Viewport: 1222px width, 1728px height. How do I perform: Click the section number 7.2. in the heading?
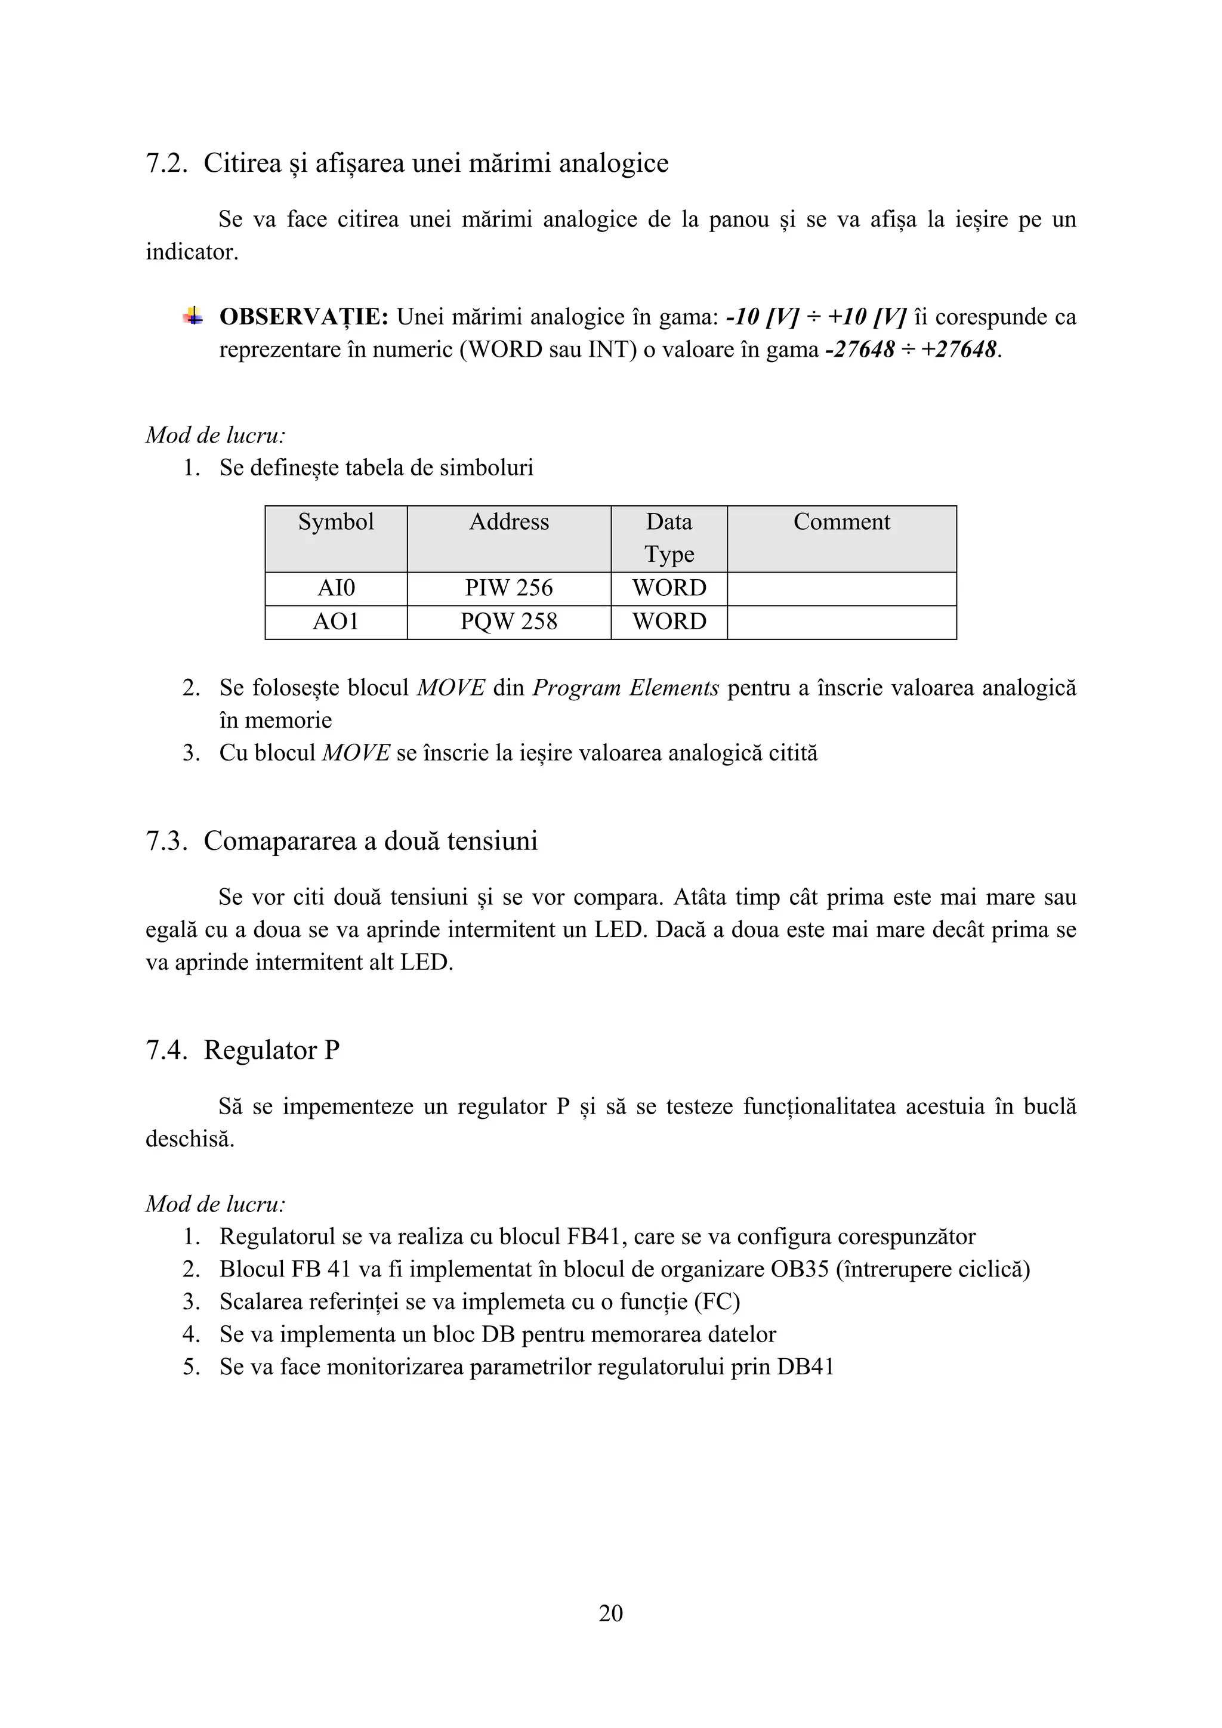pos(166,163)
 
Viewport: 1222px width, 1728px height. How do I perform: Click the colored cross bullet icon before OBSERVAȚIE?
pos(193,316)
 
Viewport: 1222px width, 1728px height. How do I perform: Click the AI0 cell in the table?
pos(336,588)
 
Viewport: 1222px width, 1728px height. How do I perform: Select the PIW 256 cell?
pos(509,588)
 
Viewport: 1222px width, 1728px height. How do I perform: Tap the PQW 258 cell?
pos(509,622)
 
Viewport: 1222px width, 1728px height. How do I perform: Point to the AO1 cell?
pos(336,622)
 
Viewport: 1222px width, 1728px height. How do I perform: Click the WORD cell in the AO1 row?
pos(669,622)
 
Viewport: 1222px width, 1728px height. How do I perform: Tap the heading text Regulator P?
pos(272,1050)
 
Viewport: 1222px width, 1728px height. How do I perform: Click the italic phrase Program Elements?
pos(626,688)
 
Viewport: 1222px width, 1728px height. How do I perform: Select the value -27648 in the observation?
pos(860,350)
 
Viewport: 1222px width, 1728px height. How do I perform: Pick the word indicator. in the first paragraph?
pos(192,252)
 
